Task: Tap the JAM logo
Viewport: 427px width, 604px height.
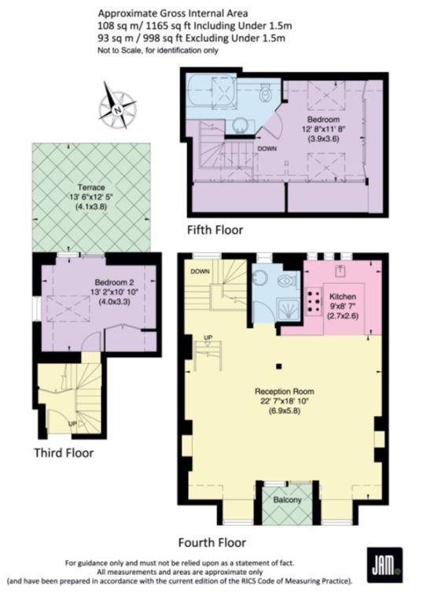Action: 385,564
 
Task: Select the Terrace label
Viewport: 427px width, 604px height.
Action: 91,188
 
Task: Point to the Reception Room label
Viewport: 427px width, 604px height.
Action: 284,392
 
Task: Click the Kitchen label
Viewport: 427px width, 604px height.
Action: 342,296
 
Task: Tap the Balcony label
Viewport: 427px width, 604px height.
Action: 287,500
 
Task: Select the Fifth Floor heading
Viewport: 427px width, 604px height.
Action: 215,230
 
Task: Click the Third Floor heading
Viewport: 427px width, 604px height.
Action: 64,452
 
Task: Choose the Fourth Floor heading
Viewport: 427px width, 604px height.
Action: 212,543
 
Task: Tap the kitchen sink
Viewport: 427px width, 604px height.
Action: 340,271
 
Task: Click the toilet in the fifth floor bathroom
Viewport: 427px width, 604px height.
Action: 265,93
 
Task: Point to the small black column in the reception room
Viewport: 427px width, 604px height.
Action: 279,366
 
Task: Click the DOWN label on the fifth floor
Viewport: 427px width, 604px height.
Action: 267,149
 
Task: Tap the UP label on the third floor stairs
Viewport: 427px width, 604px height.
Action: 72,424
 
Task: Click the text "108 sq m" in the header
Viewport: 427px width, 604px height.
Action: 113,26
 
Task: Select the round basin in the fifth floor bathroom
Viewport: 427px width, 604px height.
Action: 241,126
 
